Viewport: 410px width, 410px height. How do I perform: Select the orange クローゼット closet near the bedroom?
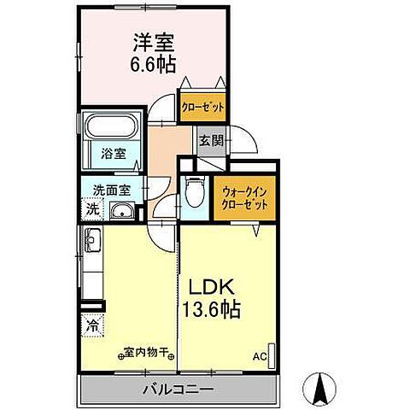(203, 107)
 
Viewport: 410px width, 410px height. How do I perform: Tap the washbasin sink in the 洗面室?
(122, 213)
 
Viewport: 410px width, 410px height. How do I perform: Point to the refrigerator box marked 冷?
(91, 325)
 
